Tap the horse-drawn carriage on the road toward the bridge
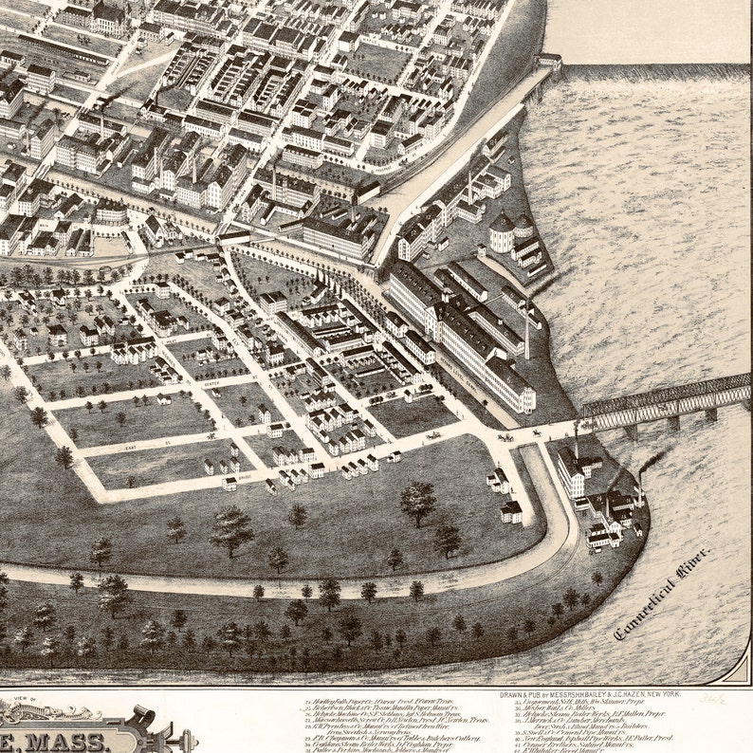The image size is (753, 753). point(505,437)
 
